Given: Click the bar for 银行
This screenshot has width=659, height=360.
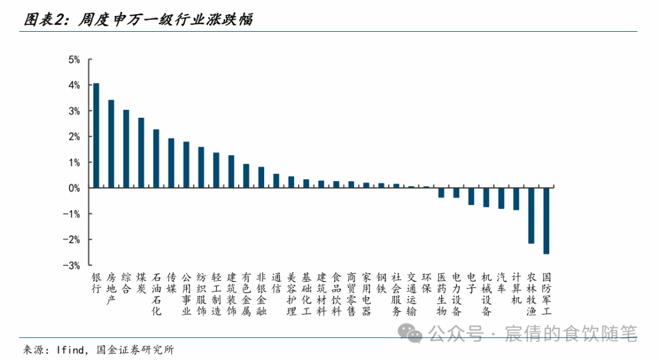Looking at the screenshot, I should tap(96, 135).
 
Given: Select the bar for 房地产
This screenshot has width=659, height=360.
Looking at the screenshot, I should tap(111, 144).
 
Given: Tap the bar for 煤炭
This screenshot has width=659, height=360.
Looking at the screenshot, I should tap(141, 153).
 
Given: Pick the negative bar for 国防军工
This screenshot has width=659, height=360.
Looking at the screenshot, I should tap(546, 221).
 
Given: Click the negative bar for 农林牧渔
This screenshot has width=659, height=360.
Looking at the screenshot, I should tap(531, 215).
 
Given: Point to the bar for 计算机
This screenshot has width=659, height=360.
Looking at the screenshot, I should tap(516, 199).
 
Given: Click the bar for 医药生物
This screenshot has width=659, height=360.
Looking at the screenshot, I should tap(441, 193).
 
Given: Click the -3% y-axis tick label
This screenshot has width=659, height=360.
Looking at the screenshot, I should tap(73, 265).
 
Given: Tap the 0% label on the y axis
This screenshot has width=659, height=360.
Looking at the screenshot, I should tap(74, 189).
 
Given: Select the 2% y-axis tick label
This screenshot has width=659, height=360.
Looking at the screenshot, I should tap(74, 137).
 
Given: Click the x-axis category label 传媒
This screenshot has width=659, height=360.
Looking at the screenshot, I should tap(171, 283).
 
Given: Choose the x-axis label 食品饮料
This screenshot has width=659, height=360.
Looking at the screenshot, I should tap(336, 294).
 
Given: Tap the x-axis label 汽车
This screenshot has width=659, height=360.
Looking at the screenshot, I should tap(501, 283).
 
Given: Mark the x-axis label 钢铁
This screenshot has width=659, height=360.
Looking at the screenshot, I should tap(381, 283).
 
